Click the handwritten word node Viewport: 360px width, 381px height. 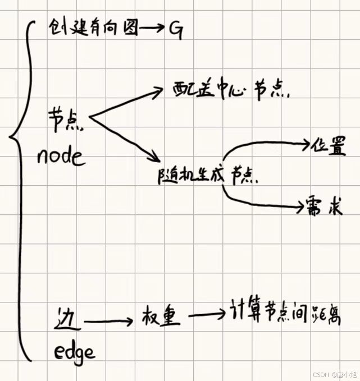(61, 156)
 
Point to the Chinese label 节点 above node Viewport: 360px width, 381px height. (66, 120)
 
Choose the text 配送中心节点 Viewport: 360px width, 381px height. (225, 91)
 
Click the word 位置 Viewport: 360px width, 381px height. (329, 146)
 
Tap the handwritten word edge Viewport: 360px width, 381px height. (74, 351)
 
